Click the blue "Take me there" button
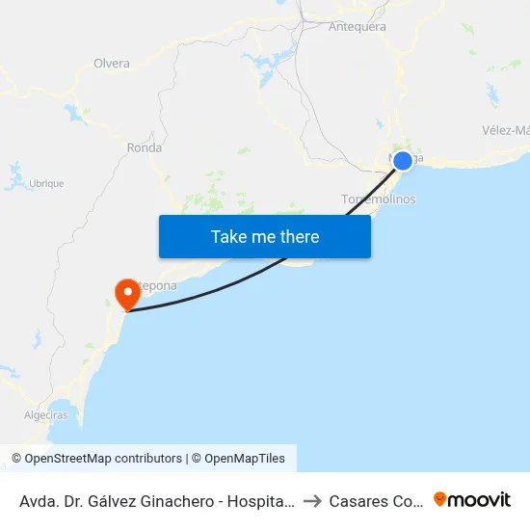point(265,236)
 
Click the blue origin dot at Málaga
point(403,161)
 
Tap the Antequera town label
point(358,27)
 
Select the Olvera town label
point(112,64)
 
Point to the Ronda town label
point(145,147)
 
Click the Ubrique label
point(46,183)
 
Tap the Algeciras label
point(45,415)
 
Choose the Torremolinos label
point(379,199)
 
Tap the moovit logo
point(472,499)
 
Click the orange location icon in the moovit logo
point(440,499)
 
